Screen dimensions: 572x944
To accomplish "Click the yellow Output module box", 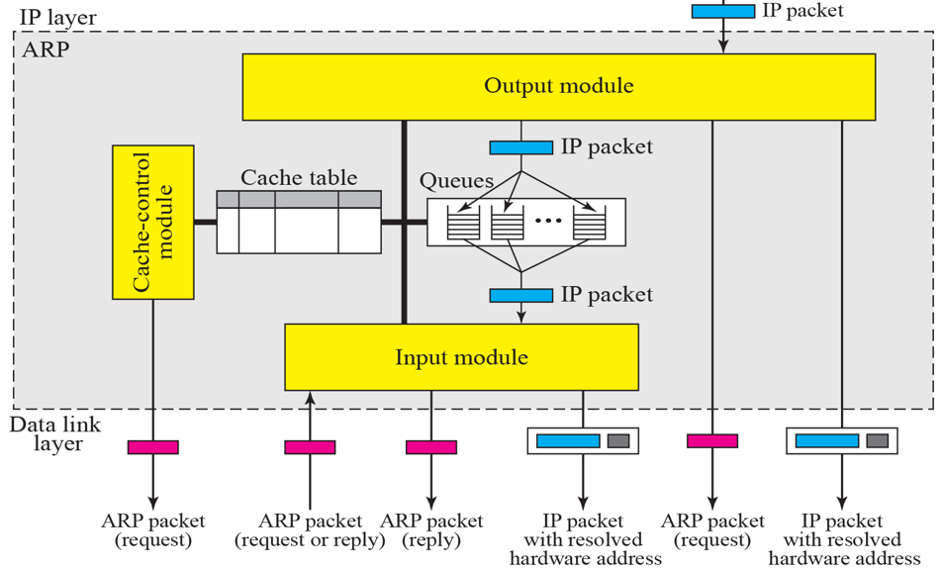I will pos(558,86).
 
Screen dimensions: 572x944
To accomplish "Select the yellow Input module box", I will pos(461,356).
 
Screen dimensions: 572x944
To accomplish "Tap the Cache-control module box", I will pos(153,222).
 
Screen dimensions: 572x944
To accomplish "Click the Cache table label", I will pos(299,178).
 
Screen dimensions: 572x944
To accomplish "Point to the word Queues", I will pos(456,181).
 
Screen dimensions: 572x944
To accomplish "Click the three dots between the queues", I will pos(547,222).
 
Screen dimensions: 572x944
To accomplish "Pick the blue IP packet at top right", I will pos(722,11).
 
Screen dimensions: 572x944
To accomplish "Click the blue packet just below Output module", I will pos(520,147).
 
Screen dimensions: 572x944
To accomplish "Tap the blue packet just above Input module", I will pos(520,295).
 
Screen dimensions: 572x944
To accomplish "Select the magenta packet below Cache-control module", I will pos(153,447).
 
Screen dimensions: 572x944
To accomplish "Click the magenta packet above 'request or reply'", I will pos(310,447).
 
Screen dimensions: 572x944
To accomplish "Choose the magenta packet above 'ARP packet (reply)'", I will pos(431,447).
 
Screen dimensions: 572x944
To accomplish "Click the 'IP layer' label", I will pos(57,17).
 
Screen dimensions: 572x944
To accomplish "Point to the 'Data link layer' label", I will pos(46,433).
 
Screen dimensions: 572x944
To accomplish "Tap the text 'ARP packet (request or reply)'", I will pos(310,529).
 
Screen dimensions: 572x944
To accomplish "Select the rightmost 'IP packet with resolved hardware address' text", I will pos(842,539).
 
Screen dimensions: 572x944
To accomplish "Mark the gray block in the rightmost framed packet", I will pos(877,440).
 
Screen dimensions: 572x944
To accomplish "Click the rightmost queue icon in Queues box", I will pos(589,222).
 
